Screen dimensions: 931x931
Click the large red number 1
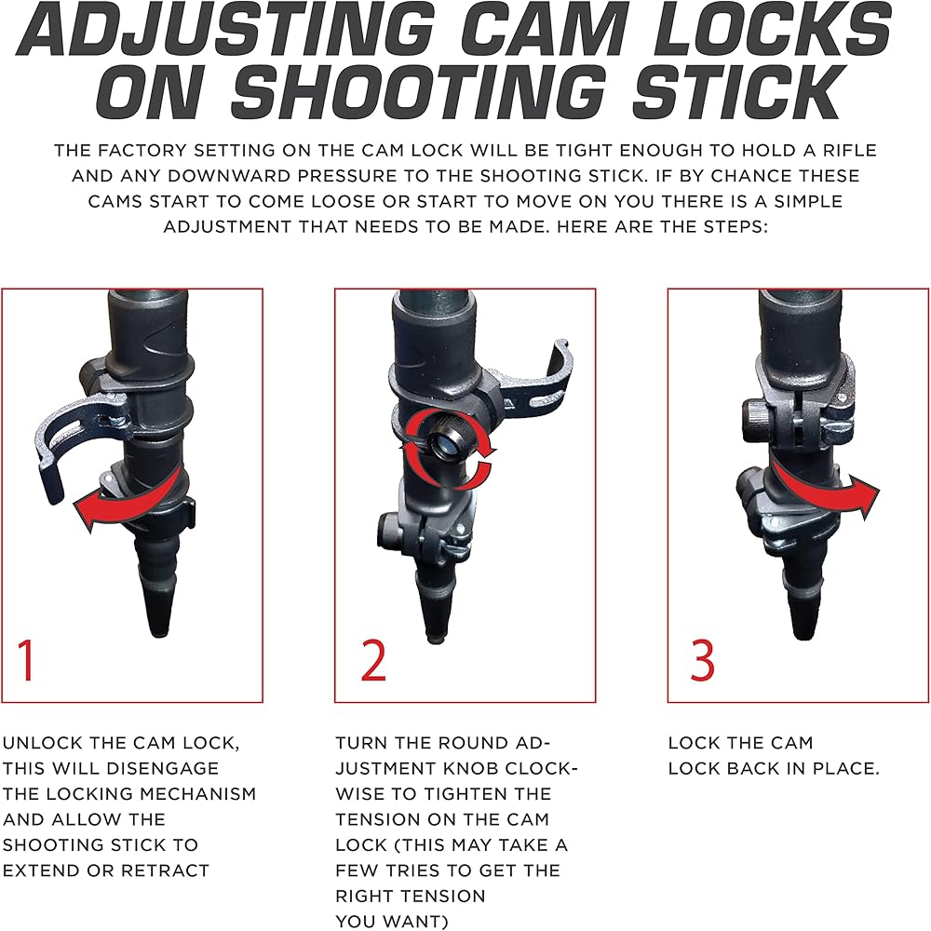pyautogui.click(x=25, y=659)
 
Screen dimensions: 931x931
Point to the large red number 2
pyautogui.click(x=373, y=659)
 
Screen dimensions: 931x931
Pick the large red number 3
pyautogui.click(x=702, y=659)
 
